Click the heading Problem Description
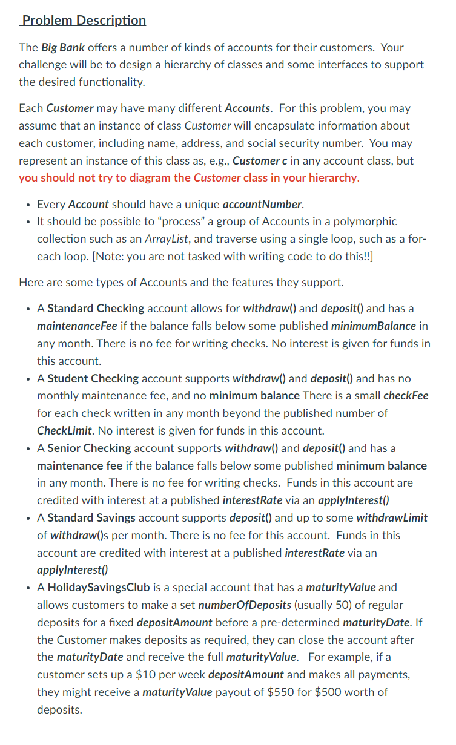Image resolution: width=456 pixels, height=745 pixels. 84,20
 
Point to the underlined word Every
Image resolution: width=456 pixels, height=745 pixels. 51,204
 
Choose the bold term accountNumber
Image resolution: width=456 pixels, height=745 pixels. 262,204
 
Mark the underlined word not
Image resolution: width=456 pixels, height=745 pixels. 176,256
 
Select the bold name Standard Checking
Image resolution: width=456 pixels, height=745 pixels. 96,308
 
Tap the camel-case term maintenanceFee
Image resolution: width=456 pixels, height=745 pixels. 77,326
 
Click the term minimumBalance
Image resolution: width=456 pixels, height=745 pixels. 374,326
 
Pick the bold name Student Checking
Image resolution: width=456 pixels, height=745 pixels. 93,378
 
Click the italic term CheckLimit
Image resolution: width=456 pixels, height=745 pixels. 64,431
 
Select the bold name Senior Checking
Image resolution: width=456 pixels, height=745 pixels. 89,448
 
